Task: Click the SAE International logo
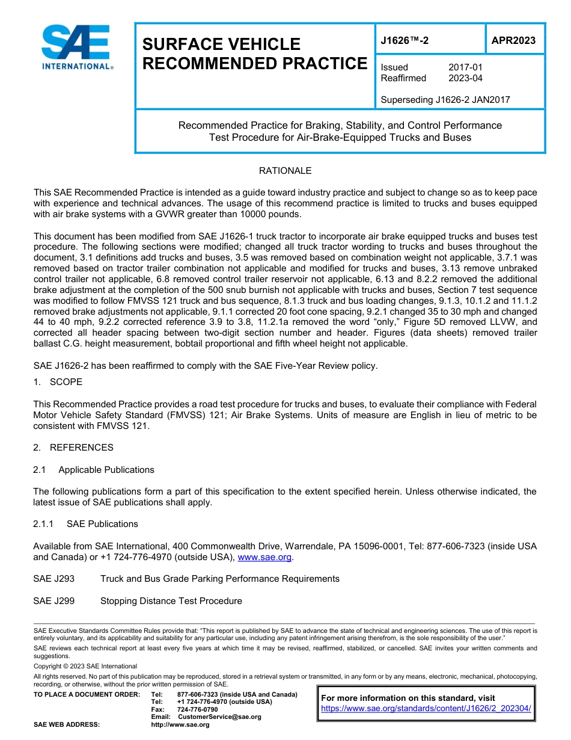(77, 48)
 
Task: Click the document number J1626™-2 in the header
(405, 41)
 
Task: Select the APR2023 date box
(513, 41)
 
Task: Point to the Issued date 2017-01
(465, 67)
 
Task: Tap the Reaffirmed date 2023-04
(465, 78)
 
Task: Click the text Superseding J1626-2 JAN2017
(445, 100)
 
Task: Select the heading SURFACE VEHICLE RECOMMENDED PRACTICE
(254, 54)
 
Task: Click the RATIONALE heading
(285, 171)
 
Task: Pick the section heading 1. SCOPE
(58, 382)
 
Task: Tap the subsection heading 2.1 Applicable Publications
(94, 470)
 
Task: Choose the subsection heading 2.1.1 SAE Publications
(86, 524)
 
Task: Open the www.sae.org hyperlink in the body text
(264, 558)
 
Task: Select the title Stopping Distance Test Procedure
(171, 601)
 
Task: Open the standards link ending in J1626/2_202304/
(426, 709)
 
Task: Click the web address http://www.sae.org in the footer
(180, 725)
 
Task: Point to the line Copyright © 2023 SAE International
(85, 667)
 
